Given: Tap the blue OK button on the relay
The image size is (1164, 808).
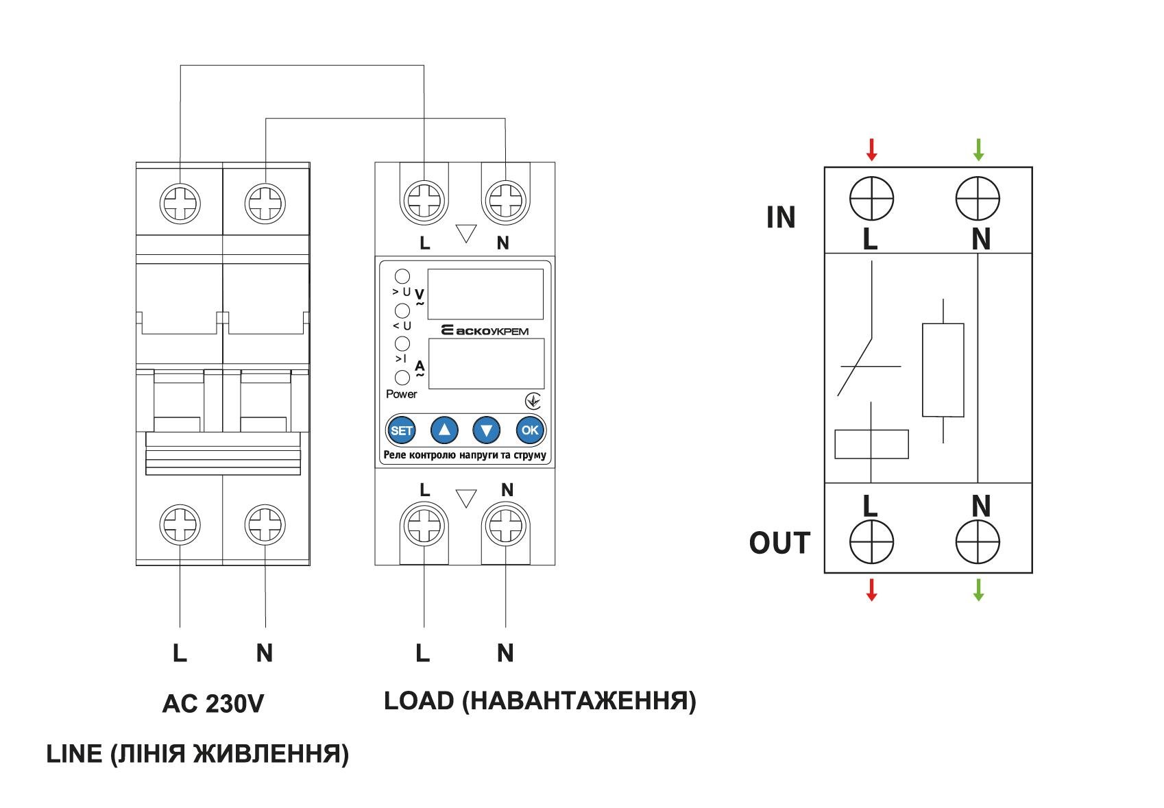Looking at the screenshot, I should (530, 430).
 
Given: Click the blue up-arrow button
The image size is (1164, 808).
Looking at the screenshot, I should (444, 430).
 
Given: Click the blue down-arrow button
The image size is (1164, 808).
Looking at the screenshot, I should (487, 430).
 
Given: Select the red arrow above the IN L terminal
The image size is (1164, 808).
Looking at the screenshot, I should (871, 149).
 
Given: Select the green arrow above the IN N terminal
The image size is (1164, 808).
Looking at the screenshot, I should (978, 149).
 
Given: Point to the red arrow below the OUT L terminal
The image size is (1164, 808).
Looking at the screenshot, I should (871, 589).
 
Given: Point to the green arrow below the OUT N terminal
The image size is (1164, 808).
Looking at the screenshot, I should (978, 589).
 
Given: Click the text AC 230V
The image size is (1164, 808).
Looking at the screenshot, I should (213, 704).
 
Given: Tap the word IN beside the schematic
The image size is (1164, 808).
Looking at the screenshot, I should (781, 218).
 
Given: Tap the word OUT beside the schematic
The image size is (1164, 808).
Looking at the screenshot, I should (779, 543).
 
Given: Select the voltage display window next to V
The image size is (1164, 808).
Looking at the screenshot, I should (485, 294).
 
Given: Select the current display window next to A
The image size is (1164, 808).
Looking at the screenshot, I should (486, 363).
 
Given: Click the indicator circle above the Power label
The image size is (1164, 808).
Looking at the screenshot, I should (402, 378).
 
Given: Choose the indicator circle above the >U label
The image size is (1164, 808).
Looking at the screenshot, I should (402, 276).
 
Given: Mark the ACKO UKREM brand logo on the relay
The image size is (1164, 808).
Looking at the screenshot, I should (484, 331).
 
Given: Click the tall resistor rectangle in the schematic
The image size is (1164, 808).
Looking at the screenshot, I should (943, 370).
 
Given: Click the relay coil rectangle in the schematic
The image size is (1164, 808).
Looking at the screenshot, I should (871, 444).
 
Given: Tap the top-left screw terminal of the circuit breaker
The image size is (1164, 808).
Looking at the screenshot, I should (180, 203).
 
